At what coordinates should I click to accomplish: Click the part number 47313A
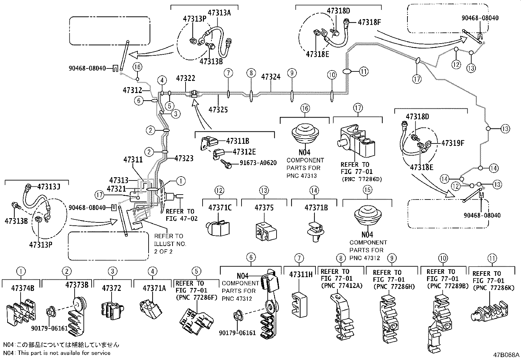pyautogui.click(x=219, y=12)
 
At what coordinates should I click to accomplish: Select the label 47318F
pyautogui.click(x=369, y=22)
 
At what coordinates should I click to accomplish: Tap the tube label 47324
pyautogui.click(x=271, y=77)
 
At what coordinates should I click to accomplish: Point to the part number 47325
pyautogui.click(x=218, y=110)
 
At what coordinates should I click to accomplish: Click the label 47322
pyautogui.click(x=185, y=78)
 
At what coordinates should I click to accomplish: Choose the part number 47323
pyautogui.click(x=184, y=158)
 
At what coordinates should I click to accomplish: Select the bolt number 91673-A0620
pyautogui.click(x=258, y=163)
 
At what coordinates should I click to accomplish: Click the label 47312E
pyautogui.click(x=244, y=152)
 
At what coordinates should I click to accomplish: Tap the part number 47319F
pyautogui.click(x=453, y=143)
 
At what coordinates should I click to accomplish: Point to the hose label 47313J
pyautogui.click(x=49, y=187)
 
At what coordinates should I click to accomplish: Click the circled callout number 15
pyautogui.click(x=367, y=190)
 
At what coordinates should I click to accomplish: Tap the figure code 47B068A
pyautogui.click(x=506, y=355)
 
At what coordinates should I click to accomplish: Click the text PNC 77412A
pyautogui.click(x=342, y=286)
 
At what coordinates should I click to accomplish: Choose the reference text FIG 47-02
pyautogui.click(x=182, y=219)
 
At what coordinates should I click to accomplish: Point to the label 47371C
pyautogui.click(x=220, y=208)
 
